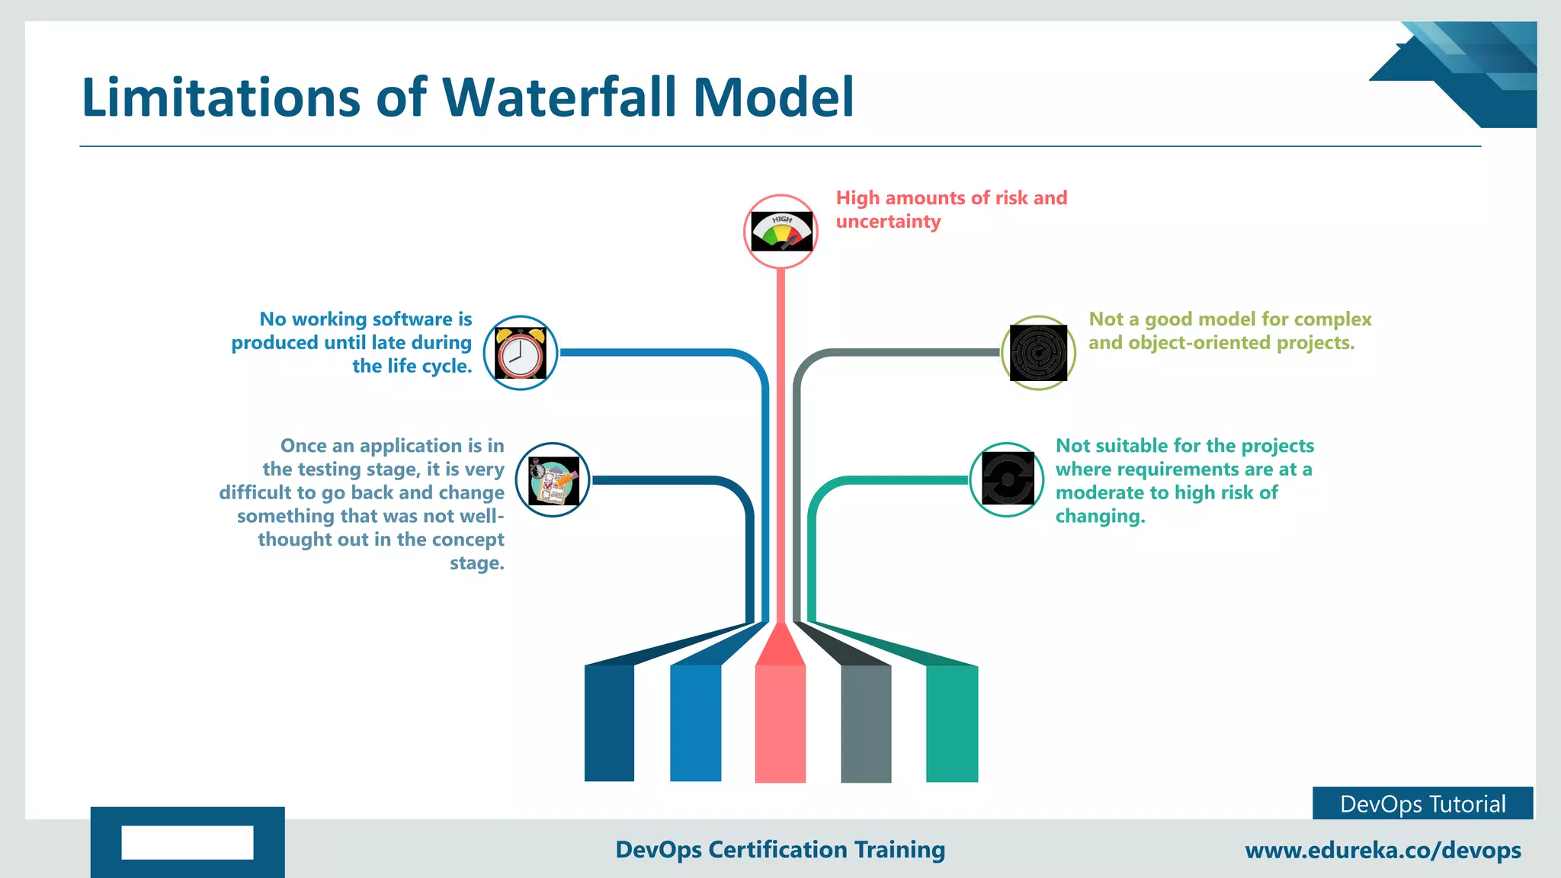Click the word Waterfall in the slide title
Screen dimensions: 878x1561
[561, 98]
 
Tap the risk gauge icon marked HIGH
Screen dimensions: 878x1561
[781, 231]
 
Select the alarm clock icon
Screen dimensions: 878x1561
[521, 353]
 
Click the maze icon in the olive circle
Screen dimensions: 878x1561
[1038, 353]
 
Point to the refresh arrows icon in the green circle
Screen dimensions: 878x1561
[1008, 479]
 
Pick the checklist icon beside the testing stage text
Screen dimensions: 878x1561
[553, 480]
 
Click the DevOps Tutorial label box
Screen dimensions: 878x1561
[1422, 803]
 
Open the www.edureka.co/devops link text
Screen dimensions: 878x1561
[1383, 850]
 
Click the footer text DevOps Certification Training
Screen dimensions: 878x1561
[780, 849]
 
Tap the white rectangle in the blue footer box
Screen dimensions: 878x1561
[188, 842]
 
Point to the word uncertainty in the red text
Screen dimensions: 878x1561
[888, 222]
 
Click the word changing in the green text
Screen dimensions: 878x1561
[1099, 517]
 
